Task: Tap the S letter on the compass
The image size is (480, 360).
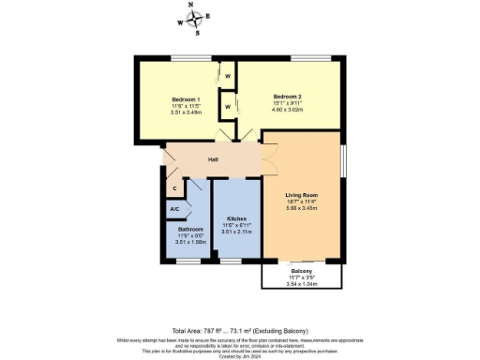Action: pyautogui.click(x=198, y=33)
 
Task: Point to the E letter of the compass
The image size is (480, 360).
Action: pyautogui.click(x=208, y=16)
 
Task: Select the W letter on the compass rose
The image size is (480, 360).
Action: pyautogui.click(x=180, y=22)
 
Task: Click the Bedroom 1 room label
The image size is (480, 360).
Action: pyautogui.click(x=186, y=99)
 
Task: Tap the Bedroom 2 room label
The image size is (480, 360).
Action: pyautogui.click(x=287, y=96)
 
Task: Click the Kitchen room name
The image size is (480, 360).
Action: pyautogui.click(x=236, y=218)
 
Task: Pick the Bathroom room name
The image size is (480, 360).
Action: pyautogui.click(x=191, y=229)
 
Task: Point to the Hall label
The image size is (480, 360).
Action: pyautogui.click(x=213, y=159)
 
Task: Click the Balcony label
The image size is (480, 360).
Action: pyautogui.click(x=301, y=272)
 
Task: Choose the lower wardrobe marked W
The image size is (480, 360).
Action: pyautogui.click(x=227, y=107)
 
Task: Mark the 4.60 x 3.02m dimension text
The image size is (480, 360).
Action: pyautogui.click(x=287, y=109)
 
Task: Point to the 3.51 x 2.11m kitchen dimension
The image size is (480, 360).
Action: pyautogui.click(x=236, y=231)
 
